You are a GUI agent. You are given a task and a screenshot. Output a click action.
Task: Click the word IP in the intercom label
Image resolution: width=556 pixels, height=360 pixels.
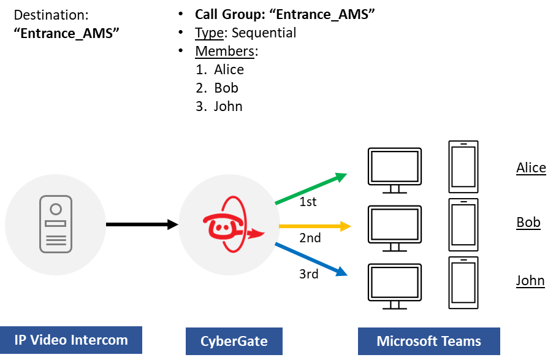pos(21,340)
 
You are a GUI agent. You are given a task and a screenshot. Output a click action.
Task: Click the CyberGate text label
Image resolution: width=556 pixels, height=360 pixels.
pos(234,341)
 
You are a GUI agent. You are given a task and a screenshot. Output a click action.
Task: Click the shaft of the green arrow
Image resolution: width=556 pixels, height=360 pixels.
pos(307,190)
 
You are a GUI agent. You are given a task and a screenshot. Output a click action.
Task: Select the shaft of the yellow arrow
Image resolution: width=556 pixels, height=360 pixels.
pos(310,226)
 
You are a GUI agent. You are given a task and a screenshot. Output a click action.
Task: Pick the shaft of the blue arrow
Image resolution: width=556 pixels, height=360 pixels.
pos(307,257)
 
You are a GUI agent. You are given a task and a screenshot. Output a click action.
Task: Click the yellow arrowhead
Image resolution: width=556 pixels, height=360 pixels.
pos(346,226)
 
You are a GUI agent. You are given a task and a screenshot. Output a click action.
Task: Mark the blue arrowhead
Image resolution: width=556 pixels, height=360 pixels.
pos(342,272)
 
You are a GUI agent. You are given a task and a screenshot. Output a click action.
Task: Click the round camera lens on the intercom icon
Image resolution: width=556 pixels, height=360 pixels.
pos(56,209)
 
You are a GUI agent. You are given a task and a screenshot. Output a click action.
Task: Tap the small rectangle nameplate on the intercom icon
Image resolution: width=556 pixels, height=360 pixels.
pos(56,224)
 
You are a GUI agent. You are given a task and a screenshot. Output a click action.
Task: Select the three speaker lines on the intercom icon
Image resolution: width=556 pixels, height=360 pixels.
pos(56,240)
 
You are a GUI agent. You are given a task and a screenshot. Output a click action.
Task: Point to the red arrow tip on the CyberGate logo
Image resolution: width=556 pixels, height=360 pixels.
pos(261,233)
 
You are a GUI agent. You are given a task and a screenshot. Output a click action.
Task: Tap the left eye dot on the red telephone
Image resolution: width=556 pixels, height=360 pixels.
pos(216,226)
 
